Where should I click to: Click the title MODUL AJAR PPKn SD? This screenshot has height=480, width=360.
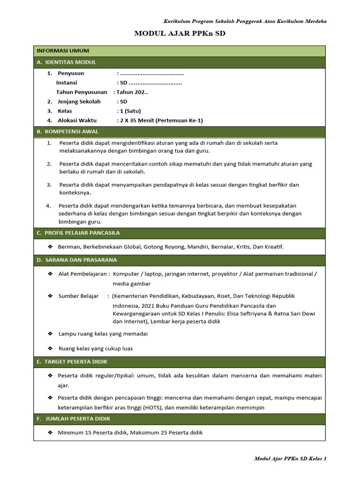180,34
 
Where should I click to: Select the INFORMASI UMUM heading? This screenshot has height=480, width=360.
63,51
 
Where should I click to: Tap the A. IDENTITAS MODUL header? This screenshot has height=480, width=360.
66,62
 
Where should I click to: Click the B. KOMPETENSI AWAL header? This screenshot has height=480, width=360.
67,132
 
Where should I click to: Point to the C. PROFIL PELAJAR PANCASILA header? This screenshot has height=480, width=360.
78,233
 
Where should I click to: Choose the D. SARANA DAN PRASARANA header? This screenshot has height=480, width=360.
77,260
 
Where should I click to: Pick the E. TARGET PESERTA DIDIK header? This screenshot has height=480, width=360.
72,362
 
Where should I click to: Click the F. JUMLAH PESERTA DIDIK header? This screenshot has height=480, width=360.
74,419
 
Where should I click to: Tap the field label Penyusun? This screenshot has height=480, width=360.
71,73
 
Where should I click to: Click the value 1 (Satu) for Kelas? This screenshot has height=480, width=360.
130,111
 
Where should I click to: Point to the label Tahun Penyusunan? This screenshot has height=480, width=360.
82,92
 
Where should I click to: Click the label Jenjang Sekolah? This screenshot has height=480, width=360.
79,101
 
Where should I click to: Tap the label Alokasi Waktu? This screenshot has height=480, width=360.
77,120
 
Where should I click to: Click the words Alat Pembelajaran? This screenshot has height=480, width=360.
82,274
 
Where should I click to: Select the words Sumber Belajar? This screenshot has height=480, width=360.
78,296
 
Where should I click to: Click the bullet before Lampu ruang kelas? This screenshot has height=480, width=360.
50,334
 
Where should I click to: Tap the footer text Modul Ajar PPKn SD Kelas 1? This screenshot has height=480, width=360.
290,458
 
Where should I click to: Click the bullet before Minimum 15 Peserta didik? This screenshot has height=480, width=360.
50,433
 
